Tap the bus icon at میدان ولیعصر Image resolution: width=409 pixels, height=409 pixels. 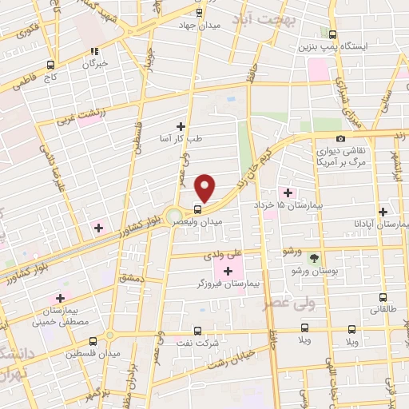pos(198,210)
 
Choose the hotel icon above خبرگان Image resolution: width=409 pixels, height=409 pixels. pos(95,49)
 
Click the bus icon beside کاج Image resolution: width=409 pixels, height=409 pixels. pos(50,65)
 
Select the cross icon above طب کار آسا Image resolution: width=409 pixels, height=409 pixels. pos(181,125)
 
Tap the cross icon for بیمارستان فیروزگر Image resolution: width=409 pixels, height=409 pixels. pos(228,272)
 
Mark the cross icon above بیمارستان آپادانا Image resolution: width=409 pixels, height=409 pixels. pos(384,212)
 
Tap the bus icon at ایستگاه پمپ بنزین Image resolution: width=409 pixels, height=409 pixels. pos(332,34)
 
